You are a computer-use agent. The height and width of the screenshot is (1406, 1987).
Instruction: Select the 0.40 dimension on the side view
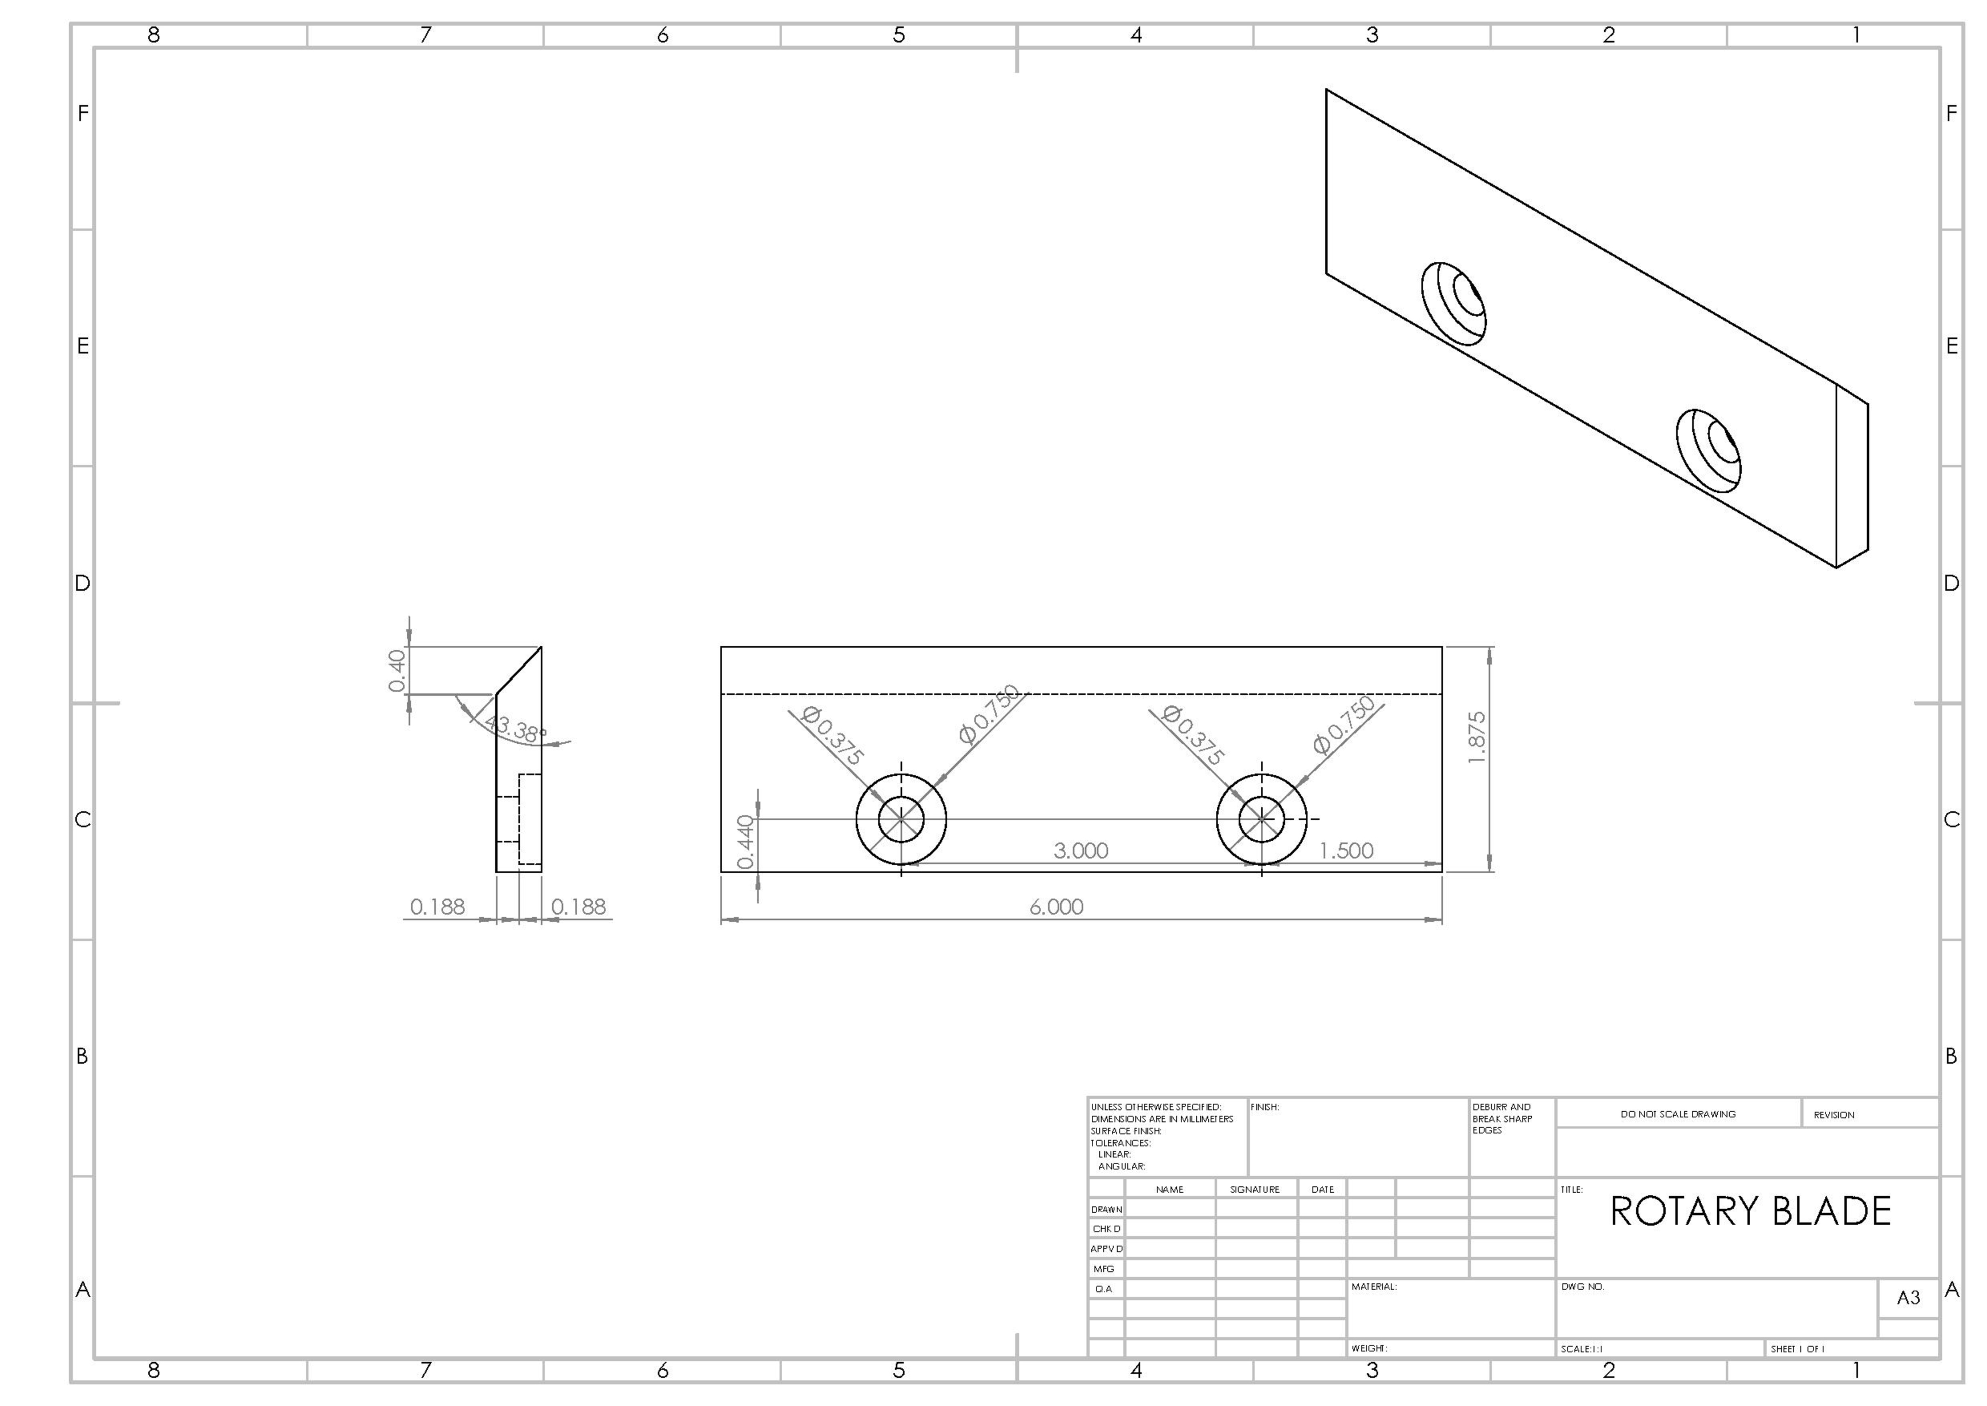(x=397, y=671)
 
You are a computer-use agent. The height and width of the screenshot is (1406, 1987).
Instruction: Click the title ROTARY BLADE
(x=1750, y=1211)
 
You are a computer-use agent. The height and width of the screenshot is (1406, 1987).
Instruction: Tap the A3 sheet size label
(x=1908, y=1298)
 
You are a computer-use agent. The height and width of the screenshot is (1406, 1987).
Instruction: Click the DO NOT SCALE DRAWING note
(x=1678, y=1114)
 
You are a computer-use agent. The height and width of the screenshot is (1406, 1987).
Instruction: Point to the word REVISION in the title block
(x=1834, y=1115)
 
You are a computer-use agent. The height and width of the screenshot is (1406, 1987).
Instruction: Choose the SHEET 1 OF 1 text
(x=1797, y=1349)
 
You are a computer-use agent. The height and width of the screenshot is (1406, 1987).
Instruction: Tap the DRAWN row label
(x=1106, y=1210)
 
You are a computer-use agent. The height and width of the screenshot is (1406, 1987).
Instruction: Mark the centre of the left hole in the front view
(x=901, y=819)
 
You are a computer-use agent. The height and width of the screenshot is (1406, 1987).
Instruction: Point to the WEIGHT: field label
(x=1369, y=1349)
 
